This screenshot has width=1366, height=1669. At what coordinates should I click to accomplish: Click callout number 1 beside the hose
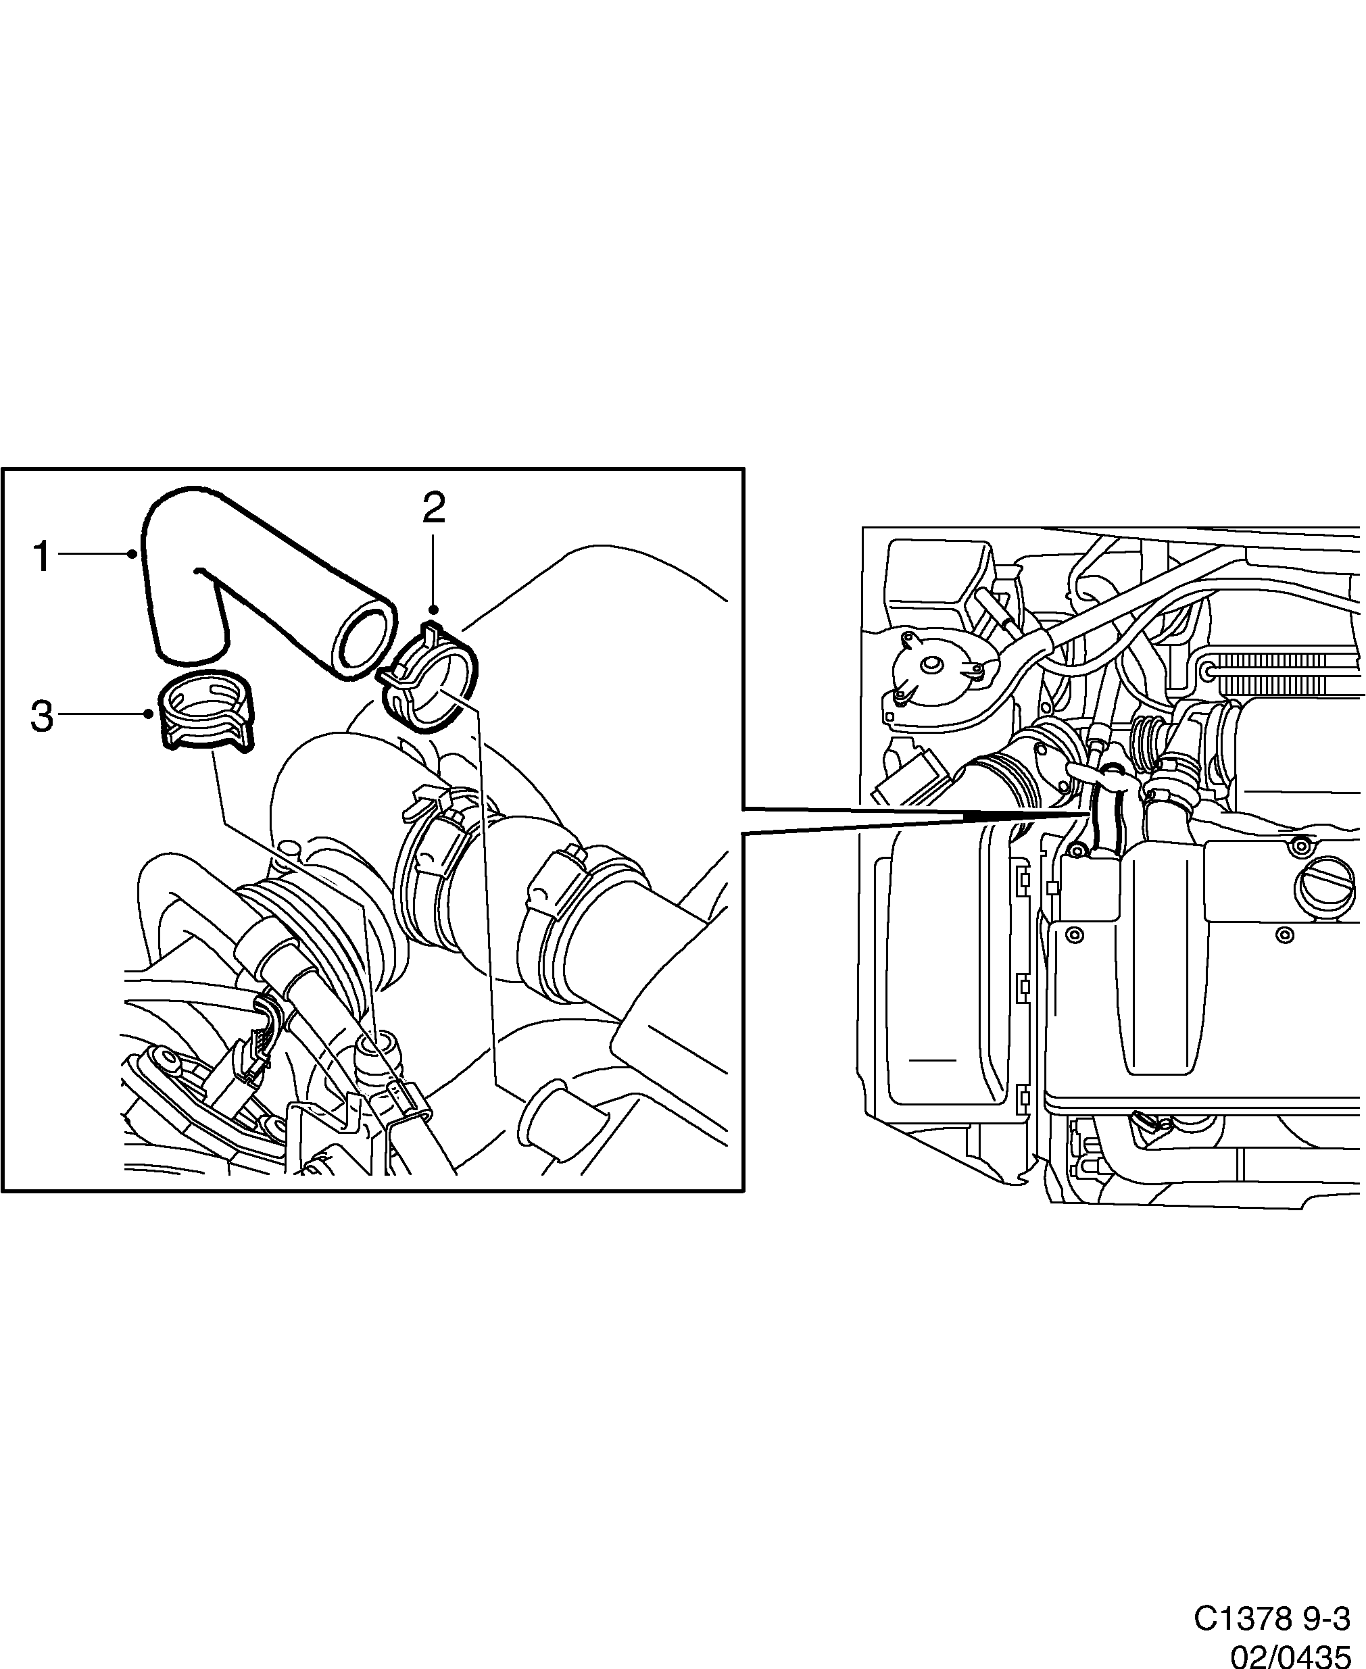click(x=41, y=556)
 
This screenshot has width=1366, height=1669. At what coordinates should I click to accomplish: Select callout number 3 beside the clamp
click(x=41, y=716)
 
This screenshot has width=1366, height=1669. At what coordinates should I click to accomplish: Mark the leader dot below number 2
click(x=433, y=609)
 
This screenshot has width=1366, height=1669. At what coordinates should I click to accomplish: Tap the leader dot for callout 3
click(x=149, y=714)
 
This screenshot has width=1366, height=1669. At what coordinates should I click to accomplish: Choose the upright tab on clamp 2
click(x=431, y=629)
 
